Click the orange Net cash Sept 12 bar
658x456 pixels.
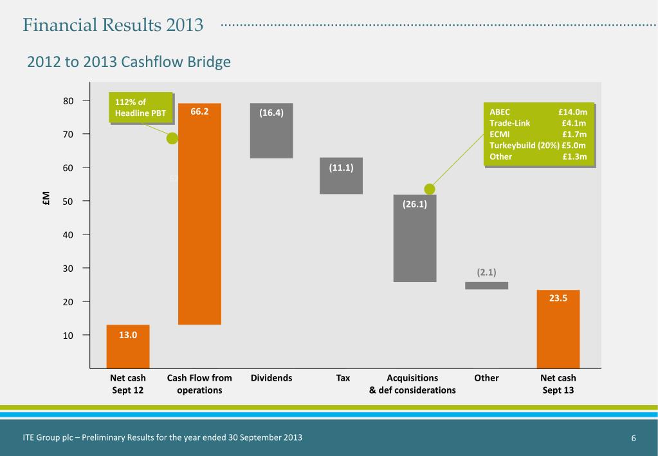coord(128,347)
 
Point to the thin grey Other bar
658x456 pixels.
coord(486,285)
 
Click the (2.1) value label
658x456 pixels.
coord(486,272)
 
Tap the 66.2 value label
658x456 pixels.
coord(200,111)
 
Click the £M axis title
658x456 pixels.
coord(47,200)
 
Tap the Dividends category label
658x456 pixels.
coord(271,378)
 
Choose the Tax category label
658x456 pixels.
coord(343,378)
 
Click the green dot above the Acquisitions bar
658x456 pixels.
coord(430,189)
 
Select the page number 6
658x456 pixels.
coord(634,438)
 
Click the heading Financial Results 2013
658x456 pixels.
coord(113,26)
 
